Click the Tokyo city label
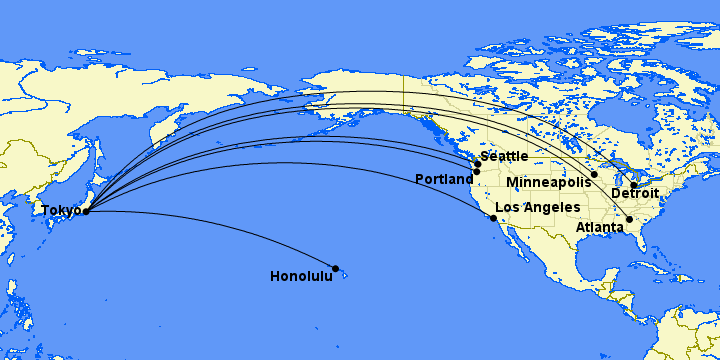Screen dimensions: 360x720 tap(60, 210)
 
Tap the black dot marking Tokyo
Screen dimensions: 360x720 tap(86, 211)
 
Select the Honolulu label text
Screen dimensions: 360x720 tap(301, 276)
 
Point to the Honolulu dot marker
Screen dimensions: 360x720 tap(336, 268)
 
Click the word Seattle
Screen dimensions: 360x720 tap(503, 157)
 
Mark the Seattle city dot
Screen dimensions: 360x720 tap(478, 164)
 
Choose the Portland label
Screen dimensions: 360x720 tap(444, 180)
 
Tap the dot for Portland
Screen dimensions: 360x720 tap(477, 172)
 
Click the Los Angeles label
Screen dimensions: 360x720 tap(538, 207)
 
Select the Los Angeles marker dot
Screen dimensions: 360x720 tap(493, 217)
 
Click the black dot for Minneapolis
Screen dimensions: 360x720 tap(594, 175)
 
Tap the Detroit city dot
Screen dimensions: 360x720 tap(633, 185)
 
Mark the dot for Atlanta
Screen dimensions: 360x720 tap(629, 219)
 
